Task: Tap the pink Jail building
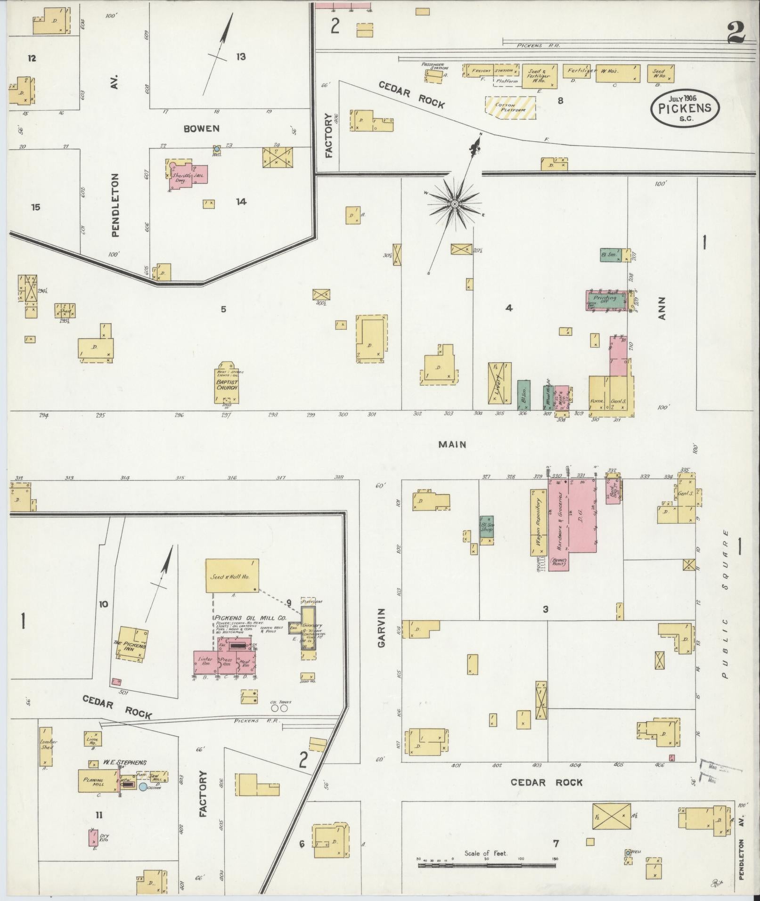(x=199, y=175)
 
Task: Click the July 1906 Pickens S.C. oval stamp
(x=685, y=108)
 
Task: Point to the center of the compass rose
(x=455, y=204)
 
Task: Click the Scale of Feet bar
(x=486, y=865)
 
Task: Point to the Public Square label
(x=725, y=604)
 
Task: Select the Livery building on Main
(x=500, y=383)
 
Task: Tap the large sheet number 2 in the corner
(x=735, y=33)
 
